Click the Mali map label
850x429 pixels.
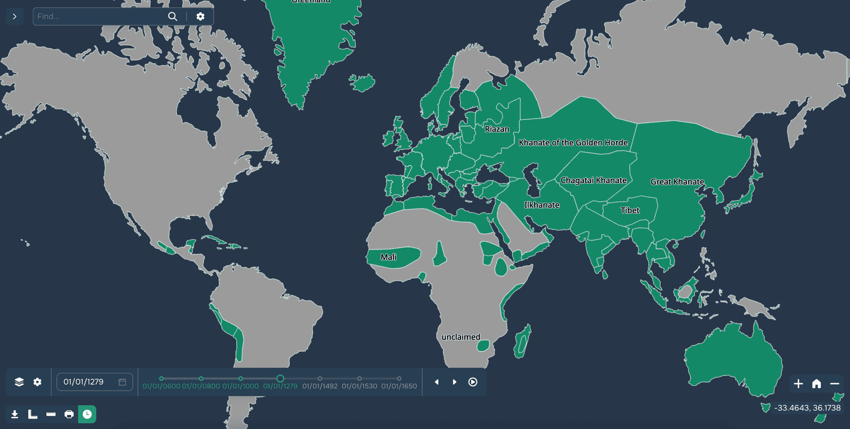coord(388,257)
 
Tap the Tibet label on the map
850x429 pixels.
coord(630,210)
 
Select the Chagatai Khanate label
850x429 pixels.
coord(594,180)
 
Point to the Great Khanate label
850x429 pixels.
coord(677,181)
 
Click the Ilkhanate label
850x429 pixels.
coord(542,205)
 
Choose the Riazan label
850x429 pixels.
coord(497,129)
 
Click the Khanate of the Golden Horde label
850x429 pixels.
coord(573,142)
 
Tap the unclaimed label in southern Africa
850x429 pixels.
coord(461,337)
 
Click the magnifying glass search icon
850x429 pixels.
coord(173,16)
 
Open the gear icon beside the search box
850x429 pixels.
coord(200,16)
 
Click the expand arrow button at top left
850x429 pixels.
coord(15,16)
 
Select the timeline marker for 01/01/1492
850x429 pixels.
coord(320,378)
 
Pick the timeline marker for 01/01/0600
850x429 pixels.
coord(161,378)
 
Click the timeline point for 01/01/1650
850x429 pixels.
coord(399,378)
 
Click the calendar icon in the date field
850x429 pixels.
coord(122,382)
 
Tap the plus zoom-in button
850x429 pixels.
coord(798,384)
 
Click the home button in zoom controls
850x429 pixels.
coord(816,384)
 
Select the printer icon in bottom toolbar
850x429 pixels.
coord(69,414)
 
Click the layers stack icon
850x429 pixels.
coord(19,382)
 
